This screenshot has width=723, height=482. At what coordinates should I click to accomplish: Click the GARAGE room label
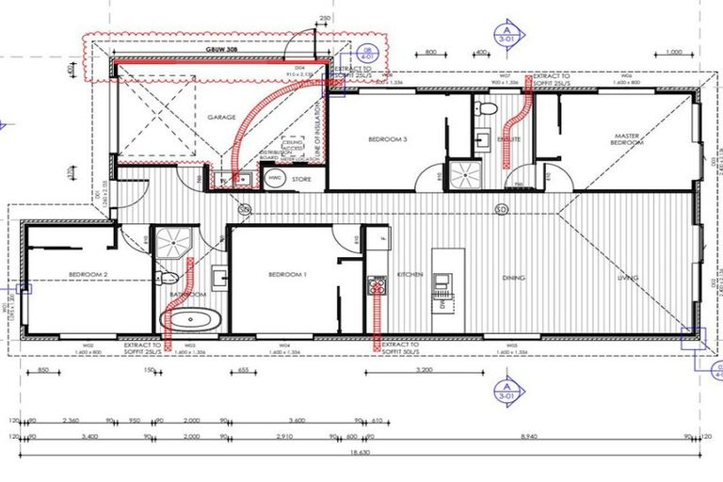220,119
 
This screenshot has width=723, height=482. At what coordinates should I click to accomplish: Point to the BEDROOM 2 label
87,274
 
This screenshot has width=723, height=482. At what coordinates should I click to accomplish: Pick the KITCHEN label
410,275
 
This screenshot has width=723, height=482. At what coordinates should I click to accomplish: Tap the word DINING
513,278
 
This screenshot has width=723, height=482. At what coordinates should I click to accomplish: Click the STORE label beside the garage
301,178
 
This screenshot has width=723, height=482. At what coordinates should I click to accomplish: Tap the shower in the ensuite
462,174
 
